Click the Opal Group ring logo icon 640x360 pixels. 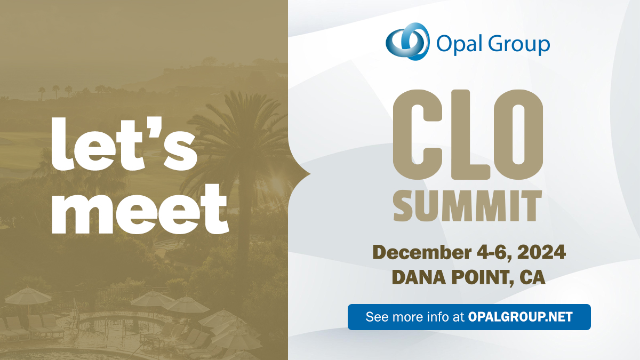click(407, 42)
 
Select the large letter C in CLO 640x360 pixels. click(418, 134)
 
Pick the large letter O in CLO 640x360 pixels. click(518, 134)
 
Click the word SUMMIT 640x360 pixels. click(468, 206)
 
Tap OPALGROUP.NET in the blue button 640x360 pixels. click(521, 317)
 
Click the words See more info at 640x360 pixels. click(415, 317)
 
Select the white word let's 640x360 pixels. click(124, 143)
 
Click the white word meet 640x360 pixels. click(140, 209)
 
